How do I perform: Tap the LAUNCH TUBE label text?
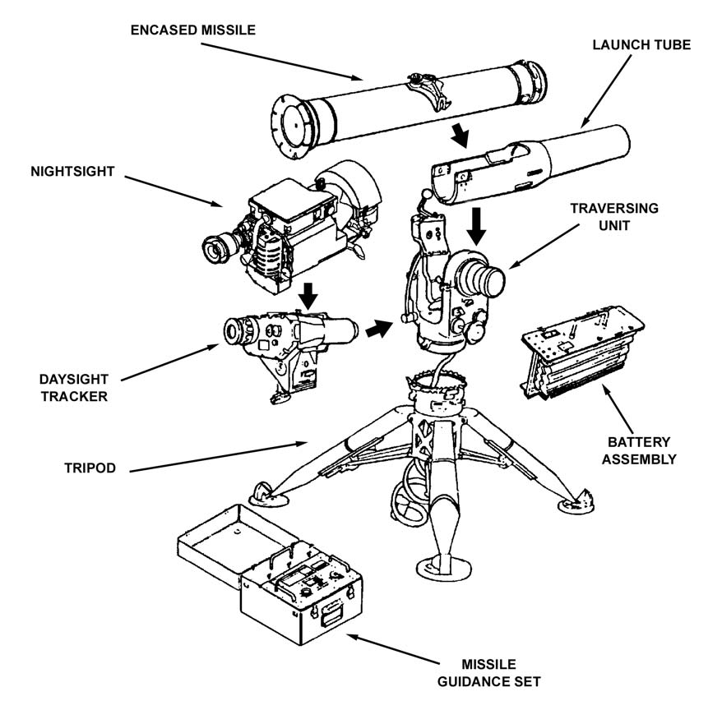click(x=641, y=45)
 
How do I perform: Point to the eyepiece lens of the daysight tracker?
click(x=237, y=331)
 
